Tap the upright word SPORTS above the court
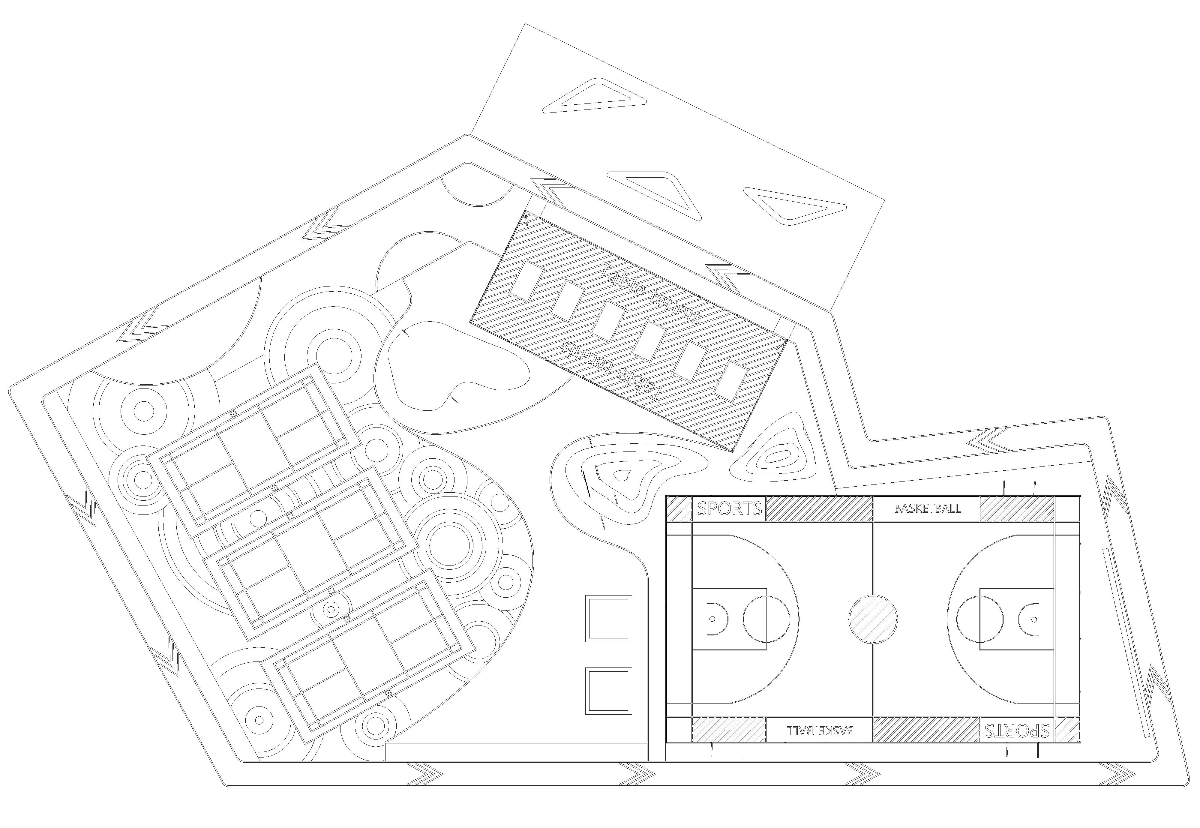coord(729,508)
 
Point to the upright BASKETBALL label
coord(927,508)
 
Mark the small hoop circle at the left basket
coord(712,619)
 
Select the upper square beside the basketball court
coord(609,618)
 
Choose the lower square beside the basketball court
coord(609,691)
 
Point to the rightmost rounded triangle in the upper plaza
coord(794,206)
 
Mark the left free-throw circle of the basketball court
coord(766,619)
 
